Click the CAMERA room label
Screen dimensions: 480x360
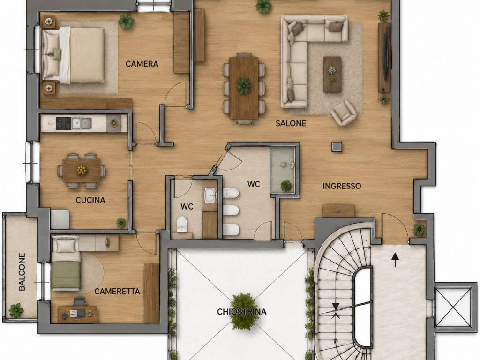tap(142, 64)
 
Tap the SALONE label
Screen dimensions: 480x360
tap(291, 123)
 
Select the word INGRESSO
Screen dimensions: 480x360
tap(342, 186)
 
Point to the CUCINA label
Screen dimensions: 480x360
tap(90, 200)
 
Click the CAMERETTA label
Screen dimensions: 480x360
tap(117, 291)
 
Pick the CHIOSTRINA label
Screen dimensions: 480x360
tap(241, 312)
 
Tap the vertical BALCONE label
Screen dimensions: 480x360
tap(22, 271)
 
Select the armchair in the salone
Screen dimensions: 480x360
tap(344, 112)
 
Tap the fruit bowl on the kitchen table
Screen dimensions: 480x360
tap(81, 170)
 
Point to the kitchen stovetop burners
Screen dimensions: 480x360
tap(63, 123)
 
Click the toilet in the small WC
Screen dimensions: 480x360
tap(182, 224)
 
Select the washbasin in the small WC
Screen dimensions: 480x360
tap(210, 195)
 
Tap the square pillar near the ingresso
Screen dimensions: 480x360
tap(337, 146)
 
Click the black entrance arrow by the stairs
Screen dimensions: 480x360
tap(395, 260)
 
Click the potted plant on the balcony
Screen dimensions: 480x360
tap(16, 310)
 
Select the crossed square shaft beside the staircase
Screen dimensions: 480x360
tap(453, 307)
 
